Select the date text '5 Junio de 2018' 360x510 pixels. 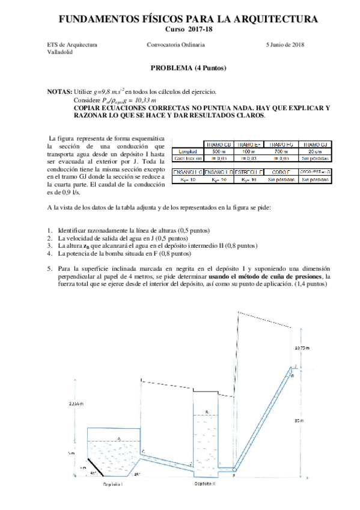pyautogui.click(x=285, y=45)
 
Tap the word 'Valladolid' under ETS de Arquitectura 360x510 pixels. pyautogui.click(x=59, y=52)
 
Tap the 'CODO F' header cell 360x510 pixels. pyautogui.click(x=281, y=172)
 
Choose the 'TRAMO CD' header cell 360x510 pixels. pyautogui.click(x=219, y=144)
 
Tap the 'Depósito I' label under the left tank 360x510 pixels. pyautogui.click(x=113, y=484)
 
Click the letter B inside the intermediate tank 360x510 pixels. pyautogui.click(x=207, y=412)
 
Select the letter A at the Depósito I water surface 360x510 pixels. pyautogui.click(x=118, y=439)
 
